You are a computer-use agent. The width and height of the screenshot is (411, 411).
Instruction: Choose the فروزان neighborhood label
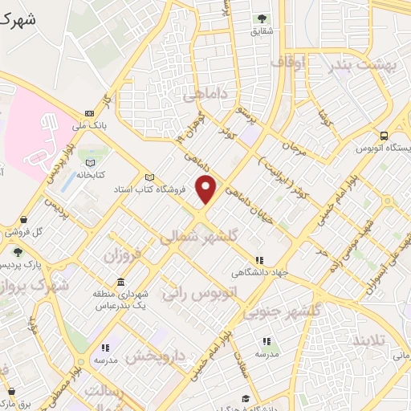(x=123, y=256)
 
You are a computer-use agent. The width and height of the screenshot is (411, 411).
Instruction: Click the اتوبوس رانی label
(x=193, y=291)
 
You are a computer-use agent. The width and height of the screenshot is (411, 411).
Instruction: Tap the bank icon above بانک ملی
(x=89, y=114)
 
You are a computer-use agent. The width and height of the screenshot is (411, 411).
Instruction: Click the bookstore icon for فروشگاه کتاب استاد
(x=148, y=178)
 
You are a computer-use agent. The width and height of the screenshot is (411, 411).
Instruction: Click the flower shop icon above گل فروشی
(x=23, y=219)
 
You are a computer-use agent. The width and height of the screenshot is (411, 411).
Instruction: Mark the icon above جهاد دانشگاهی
(x=258, y=259)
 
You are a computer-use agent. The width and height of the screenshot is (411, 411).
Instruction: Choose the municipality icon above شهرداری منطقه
(x=120, y=283)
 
